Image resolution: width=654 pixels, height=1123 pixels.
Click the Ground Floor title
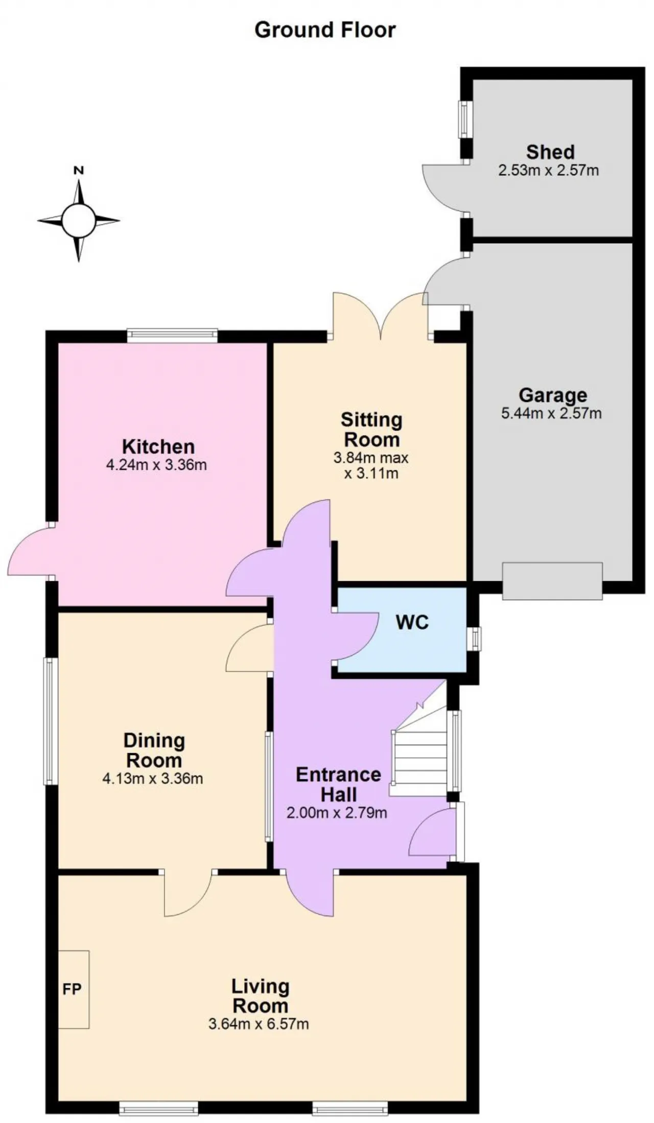pyautogui.click(x=325, y=31)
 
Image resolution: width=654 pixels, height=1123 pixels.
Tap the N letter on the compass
pyautogui.click(x=79, y=171)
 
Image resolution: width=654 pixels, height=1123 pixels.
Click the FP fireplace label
pyautogui.click(x=72, y=989)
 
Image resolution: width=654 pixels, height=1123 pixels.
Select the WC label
pyautogui.click(x=412, y=623)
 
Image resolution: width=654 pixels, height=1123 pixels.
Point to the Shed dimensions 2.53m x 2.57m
pyautogui.click(x=549, y=170)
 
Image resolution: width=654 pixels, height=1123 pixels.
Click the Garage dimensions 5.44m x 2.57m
pyautogui.click(x=552, y=413)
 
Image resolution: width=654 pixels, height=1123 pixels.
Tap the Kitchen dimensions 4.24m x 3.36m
pyautogui.click(x=156, y=465)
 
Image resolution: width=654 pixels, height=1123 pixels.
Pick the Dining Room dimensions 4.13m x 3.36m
pyautogui.click(x=153, y=779)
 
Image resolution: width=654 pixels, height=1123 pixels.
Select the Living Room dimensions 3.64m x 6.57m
pyautogui.click(x=259, y=1024)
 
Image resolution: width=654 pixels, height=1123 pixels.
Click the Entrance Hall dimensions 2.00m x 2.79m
pyautogui.click(x=337, y=813)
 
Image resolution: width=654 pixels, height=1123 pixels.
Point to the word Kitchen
pyautogui.click(x=158, y=447)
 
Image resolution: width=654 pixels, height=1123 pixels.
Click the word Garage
pyautogui.click(x=553, y=395)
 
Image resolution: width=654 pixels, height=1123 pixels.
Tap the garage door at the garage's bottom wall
pyautogui.click(x=552, y=581)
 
